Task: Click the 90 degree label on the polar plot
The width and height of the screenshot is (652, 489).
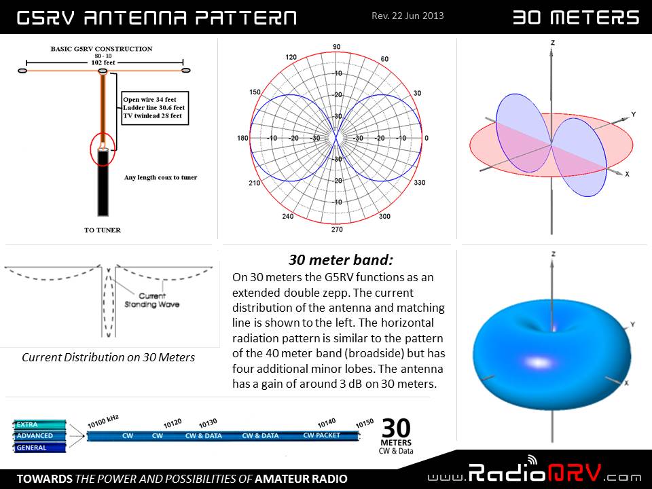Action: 336,47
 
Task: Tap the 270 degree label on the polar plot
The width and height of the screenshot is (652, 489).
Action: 337,229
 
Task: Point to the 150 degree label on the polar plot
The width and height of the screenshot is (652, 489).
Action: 255,92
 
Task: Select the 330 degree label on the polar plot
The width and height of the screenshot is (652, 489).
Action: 420,182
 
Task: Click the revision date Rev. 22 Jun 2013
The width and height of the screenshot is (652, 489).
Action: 407,16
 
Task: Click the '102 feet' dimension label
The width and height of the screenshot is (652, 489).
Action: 103,62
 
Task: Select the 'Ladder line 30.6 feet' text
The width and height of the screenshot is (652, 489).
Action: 154,108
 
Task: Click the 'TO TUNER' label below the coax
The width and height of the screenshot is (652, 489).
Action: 103,230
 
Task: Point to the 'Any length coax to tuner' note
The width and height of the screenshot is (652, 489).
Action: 160,177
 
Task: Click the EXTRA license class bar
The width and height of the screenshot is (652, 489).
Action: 39,424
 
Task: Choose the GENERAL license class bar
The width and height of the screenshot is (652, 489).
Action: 39,448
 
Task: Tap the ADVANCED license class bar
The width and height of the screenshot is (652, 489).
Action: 39,436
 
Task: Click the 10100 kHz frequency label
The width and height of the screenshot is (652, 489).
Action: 103,421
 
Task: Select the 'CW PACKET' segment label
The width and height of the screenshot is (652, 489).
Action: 321,435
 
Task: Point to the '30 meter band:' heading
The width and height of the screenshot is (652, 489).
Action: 340,260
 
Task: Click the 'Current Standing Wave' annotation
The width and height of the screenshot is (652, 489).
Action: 151,300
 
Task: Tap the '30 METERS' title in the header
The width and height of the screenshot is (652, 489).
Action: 575,18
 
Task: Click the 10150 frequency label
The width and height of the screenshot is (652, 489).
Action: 365,423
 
